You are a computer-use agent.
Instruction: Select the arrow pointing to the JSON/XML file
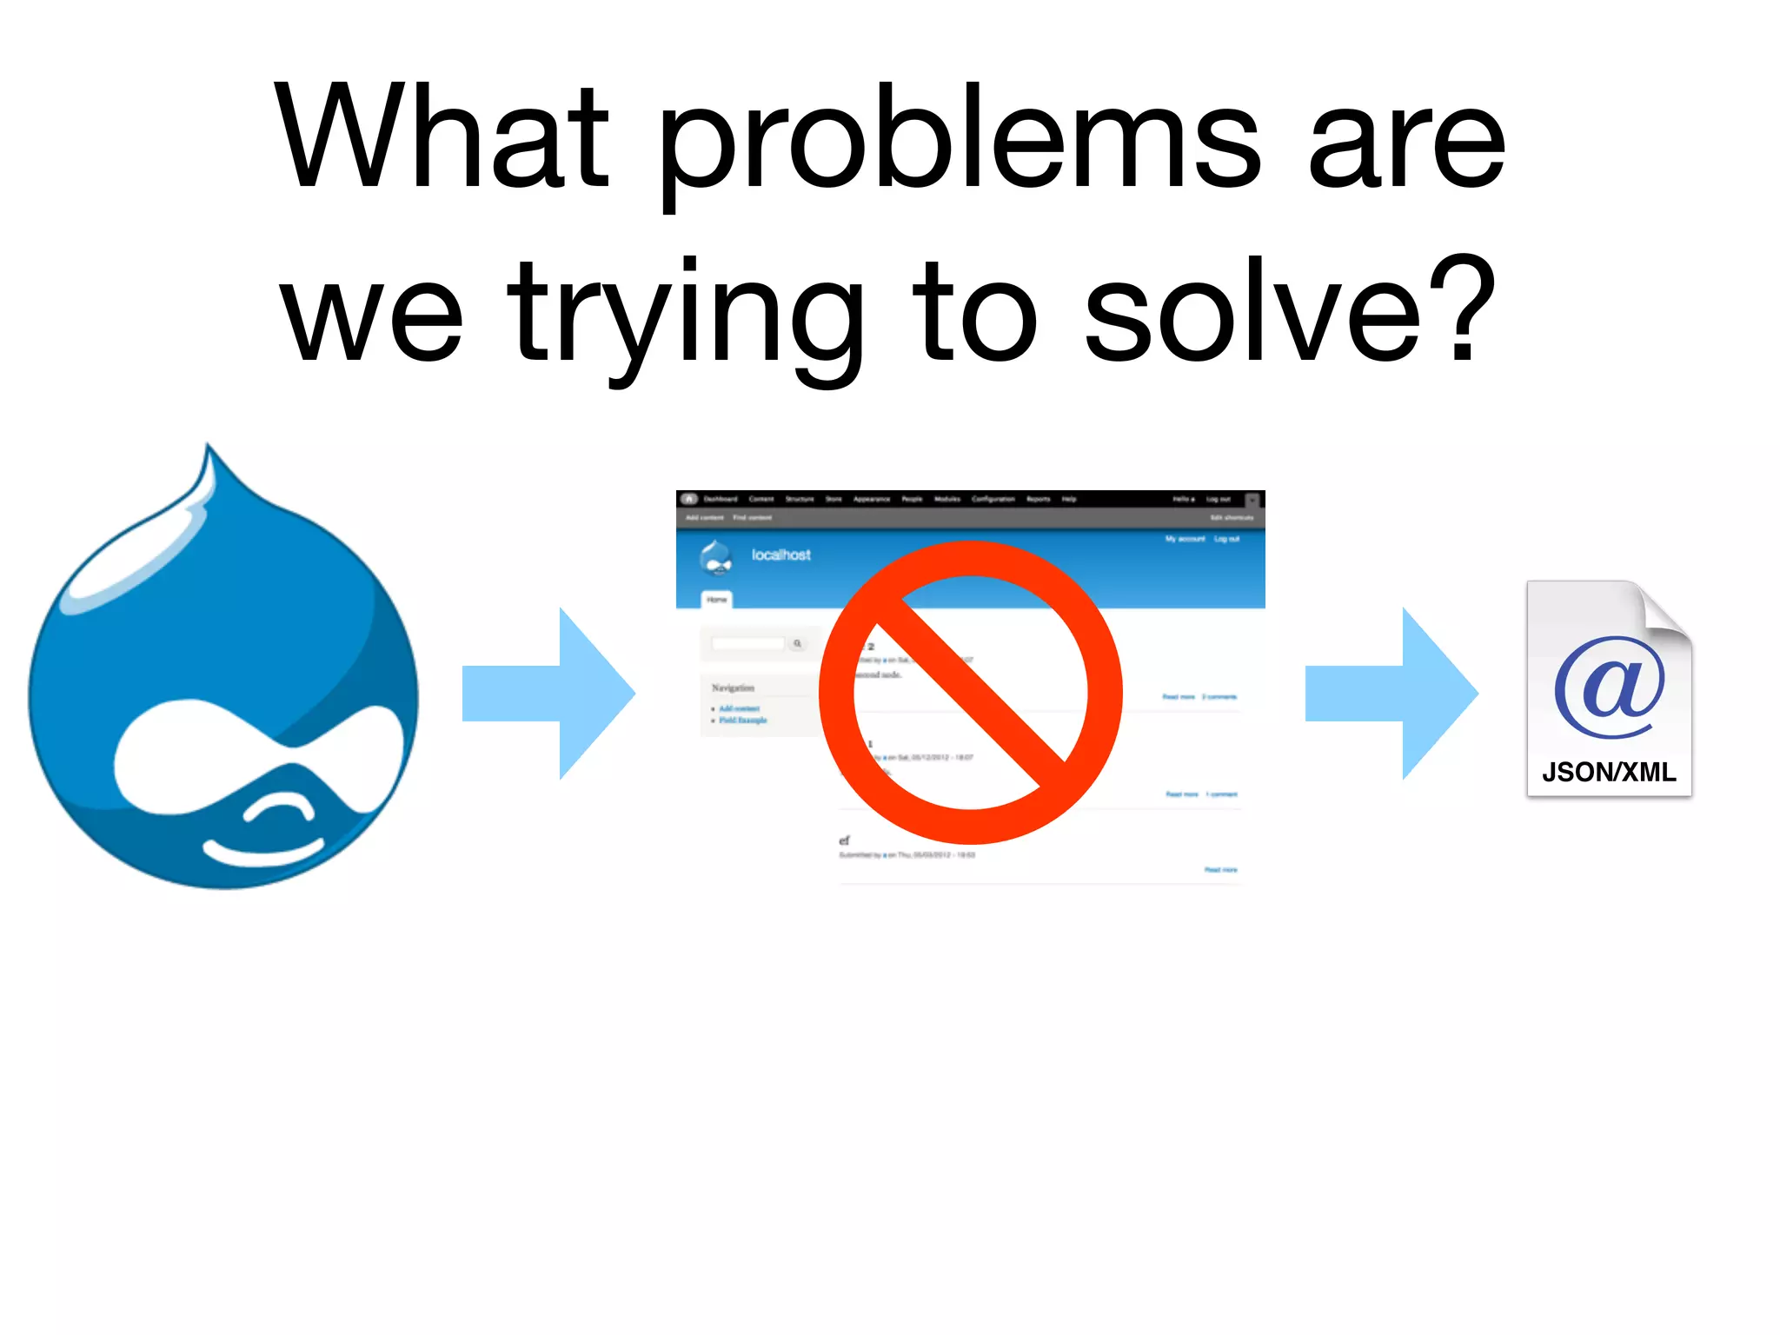tap(1391, 693)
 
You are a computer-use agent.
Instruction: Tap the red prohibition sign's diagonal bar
tap(971, 693)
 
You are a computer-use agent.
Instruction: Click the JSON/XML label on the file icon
tap(1609, 772)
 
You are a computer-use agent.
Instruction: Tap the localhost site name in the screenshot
tap(780, 555)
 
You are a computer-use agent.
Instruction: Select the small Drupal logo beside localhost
tap(716, 557)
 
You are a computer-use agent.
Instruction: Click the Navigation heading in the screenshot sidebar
tap(733, 687)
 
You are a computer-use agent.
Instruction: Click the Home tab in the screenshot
tap(716, 600)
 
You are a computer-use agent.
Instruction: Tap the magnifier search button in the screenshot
tap(797, 643)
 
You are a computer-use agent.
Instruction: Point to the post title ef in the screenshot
tap(844, 840)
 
